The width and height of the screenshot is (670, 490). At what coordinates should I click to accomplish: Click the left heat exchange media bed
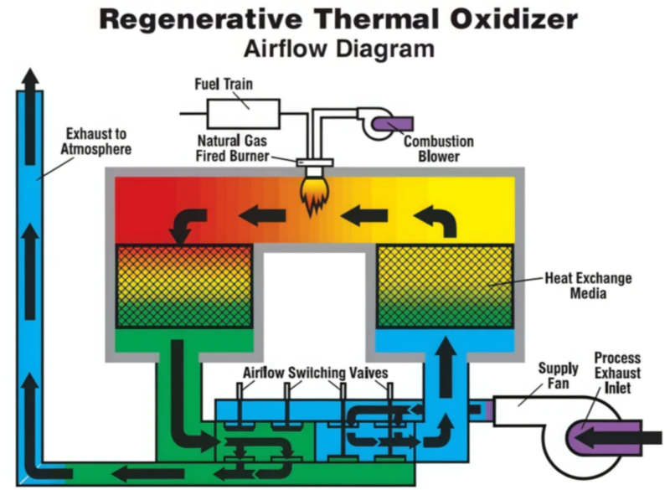point(183,286)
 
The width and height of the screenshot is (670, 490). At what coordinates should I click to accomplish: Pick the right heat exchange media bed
point(446,286)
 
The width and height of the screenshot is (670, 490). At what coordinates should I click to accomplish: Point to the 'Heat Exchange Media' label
point(588,286)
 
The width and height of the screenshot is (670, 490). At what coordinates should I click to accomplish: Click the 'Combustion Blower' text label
point(446,147)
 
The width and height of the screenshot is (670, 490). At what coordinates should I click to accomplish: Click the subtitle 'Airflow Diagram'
point(338,48)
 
